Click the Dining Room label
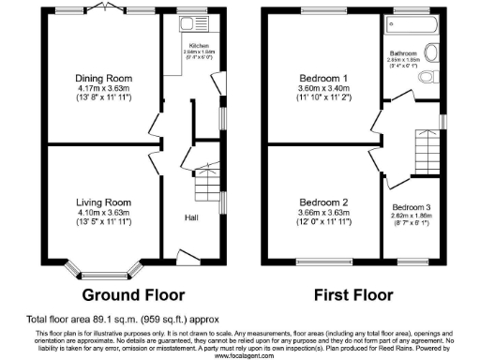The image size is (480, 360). pos(103,79)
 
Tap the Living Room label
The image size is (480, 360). pos(103,202)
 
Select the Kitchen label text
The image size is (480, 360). pos(199,45)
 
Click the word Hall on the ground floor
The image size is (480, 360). pos(190,218)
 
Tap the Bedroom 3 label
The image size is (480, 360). pos(412,206)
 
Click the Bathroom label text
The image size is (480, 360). pos(403,53)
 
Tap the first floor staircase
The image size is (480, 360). pos(427,150)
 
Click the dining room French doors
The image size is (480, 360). pos(103,13)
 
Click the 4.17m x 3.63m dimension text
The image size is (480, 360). pos(103,89)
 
